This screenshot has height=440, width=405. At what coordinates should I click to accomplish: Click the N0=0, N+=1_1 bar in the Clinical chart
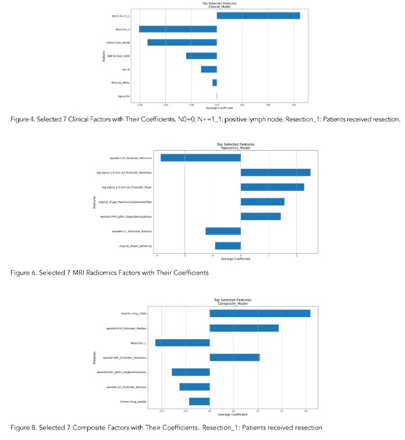point(258,16)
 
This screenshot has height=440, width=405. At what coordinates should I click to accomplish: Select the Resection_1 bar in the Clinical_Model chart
point(178,29)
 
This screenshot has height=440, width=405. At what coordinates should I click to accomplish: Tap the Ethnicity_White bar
point(215,83)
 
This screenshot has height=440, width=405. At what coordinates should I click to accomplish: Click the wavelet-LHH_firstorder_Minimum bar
point(201,158)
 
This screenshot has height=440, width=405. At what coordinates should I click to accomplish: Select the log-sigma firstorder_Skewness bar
point(275,172)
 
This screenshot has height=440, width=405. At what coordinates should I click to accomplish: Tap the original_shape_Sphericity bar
point(228,246)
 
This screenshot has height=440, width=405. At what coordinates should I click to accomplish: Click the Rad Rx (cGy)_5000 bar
point(260,314)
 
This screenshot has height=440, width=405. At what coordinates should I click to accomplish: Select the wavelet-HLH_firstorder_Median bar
point(244,328)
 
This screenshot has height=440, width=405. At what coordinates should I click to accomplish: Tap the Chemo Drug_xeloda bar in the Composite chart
point(199,401)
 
